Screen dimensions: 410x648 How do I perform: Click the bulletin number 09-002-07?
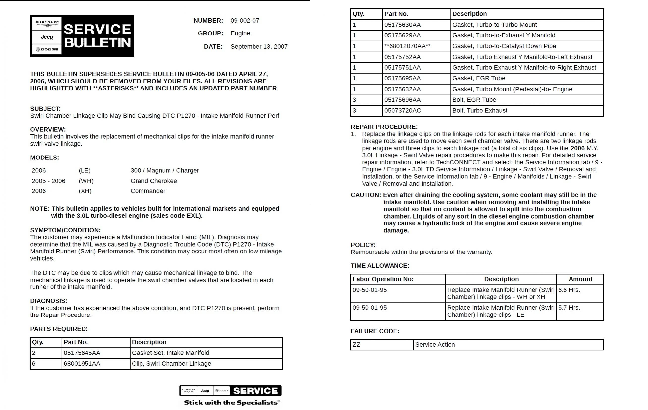click(245, 21)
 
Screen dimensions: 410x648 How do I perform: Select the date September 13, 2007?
click(259, 46)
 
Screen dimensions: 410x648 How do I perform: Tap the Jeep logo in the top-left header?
click(47, 37)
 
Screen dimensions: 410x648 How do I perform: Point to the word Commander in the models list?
click(148, 191)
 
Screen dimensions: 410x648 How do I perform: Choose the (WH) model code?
click(86, 181)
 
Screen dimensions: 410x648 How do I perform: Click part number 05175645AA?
click(82, 353)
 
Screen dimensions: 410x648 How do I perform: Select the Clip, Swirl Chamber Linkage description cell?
click(171, 363)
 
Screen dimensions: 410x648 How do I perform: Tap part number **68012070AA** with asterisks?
click(407, 46)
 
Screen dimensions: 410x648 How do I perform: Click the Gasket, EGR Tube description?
click(479, 78)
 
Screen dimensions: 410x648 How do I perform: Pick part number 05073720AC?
click(402, 110)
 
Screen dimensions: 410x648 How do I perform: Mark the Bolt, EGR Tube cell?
click(474, 100)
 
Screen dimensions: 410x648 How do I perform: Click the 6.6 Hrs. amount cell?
click(569, 290)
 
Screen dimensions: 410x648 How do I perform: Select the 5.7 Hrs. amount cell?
click(569, 307)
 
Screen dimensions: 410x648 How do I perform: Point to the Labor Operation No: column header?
click(383, 279)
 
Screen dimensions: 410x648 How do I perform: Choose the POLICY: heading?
click(363, 245)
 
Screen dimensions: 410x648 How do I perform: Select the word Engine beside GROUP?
click(240, 33)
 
